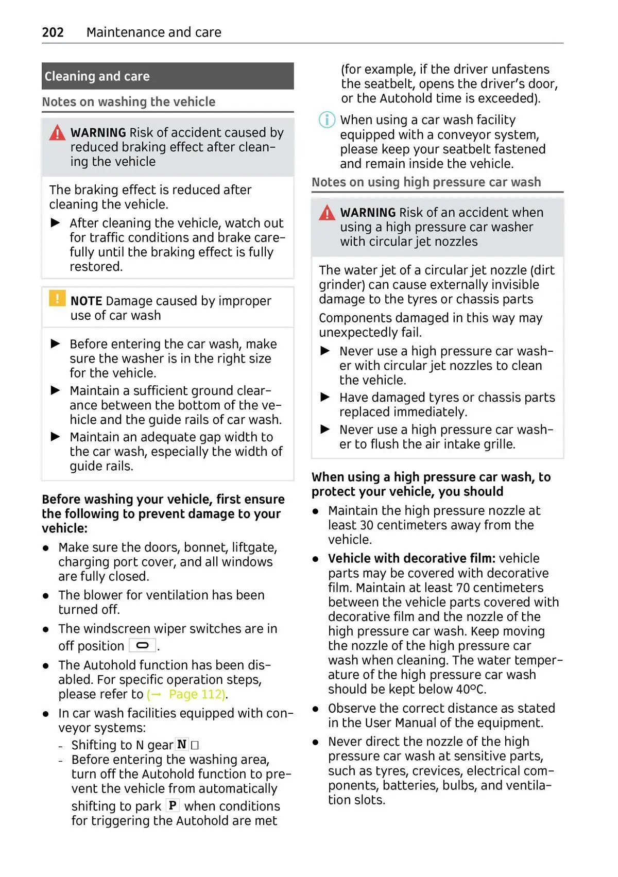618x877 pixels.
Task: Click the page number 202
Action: (x=53, y=32)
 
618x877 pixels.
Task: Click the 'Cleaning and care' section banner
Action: (x=167, y=76)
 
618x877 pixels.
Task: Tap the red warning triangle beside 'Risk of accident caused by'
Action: (x=57, y=133)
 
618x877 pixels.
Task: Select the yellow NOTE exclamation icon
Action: (x=57, y=298)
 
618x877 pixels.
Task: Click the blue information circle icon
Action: (x=327, y=120)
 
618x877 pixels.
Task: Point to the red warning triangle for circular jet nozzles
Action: (x=327, y=213)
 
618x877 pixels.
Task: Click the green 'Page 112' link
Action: (x=197, y=694)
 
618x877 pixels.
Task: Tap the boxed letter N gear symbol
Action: (x=182, y=745)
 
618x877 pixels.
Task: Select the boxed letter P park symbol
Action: (x=173, y=805)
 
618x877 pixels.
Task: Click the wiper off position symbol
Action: (x=143, y=645)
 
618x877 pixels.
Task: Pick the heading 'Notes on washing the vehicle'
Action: (x=129, y=102)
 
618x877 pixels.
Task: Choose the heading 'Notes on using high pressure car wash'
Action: (x=426, y=182)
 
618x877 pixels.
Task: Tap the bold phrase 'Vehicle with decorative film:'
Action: (x=411, y=559)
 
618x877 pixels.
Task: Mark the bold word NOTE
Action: (x=86, y=301)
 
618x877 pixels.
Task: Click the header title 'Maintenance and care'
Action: (x=153, y=32)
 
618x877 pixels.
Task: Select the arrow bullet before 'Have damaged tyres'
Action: (x=325, y=397)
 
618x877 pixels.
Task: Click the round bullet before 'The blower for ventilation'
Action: (x=46, y=596)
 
